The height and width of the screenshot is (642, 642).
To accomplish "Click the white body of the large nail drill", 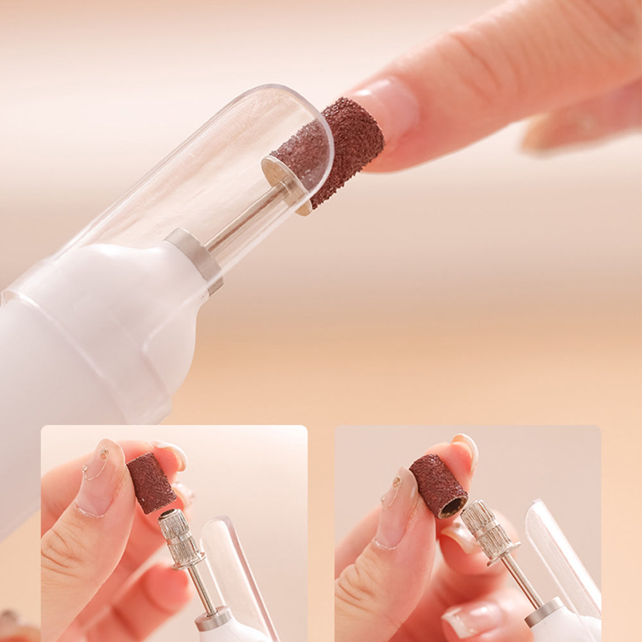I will pyautogui.click(x=96, y=334).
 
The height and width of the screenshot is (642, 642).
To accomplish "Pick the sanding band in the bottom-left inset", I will pyautogui.click(x=151, y=483).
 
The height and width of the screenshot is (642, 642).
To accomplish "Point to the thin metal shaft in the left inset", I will pyautogui.click(x=204, y=587).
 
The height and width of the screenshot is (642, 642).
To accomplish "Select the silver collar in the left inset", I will pyautogui.click(x=214, y=618).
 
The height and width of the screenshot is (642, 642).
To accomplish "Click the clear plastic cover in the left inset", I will pyautogui.click(x=238, y=571).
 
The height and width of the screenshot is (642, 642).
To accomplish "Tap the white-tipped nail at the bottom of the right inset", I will pyautogui.click(x=472, y=620).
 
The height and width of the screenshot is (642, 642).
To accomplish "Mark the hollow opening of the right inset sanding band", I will pyautogui.click(x=453, y=507).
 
